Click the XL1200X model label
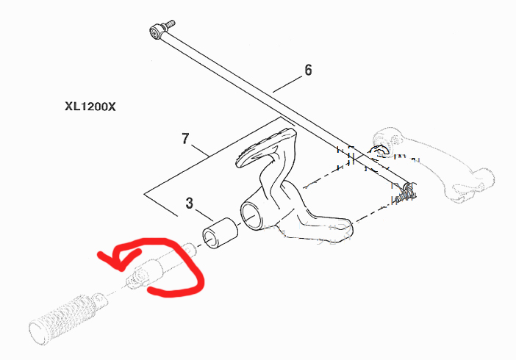[x=90, y=107]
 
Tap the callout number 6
[x=308, y=70]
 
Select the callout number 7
[x=186, y=139]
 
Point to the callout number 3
[x=189, y=203]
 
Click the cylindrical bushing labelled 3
[x=220, y=233]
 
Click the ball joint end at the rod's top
[x=155, y=32]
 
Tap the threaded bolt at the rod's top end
[x=169, y=25]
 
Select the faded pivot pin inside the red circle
[x=160, y=266]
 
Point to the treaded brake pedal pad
[x=265, y=146]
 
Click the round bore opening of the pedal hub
[x=252, y=215]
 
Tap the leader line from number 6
[x=287, y=84]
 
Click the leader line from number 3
[x=204, y=215]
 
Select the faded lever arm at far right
[x=431, y=164]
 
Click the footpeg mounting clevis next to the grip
[x=99, y=300]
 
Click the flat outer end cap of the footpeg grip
[x=37, y=331]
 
